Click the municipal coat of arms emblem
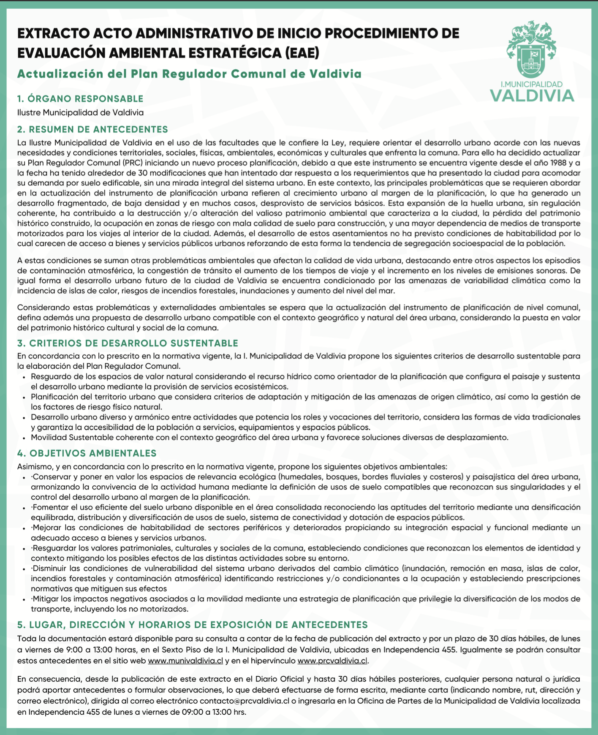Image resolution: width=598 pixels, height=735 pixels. [x=531, y=49]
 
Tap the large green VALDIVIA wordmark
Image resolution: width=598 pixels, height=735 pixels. [x=532, y=96]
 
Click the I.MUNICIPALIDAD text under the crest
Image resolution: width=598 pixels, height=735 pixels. [x=531, y=84]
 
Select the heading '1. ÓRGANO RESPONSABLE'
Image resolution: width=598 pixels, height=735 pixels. [x=80, y=99]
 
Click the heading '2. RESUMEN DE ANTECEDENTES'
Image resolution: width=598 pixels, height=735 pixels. [x=92, y=129]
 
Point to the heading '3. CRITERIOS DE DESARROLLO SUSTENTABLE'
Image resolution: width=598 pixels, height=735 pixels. [x=128, y=343]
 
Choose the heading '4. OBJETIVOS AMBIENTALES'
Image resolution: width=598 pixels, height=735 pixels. [x=87, y=453]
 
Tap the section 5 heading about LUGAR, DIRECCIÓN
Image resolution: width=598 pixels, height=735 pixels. [x=192, y=625]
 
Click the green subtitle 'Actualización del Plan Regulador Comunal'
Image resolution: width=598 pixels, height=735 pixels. [x=189, y=74]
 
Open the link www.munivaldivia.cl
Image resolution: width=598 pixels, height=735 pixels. [x=185, y=661]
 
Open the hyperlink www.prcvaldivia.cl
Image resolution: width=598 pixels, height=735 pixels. [x=332, y=661]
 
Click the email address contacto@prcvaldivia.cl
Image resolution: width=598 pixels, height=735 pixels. [x=245, y=701]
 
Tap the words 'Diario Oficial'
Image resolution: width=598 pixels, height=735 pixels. [x=280, y=679]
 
